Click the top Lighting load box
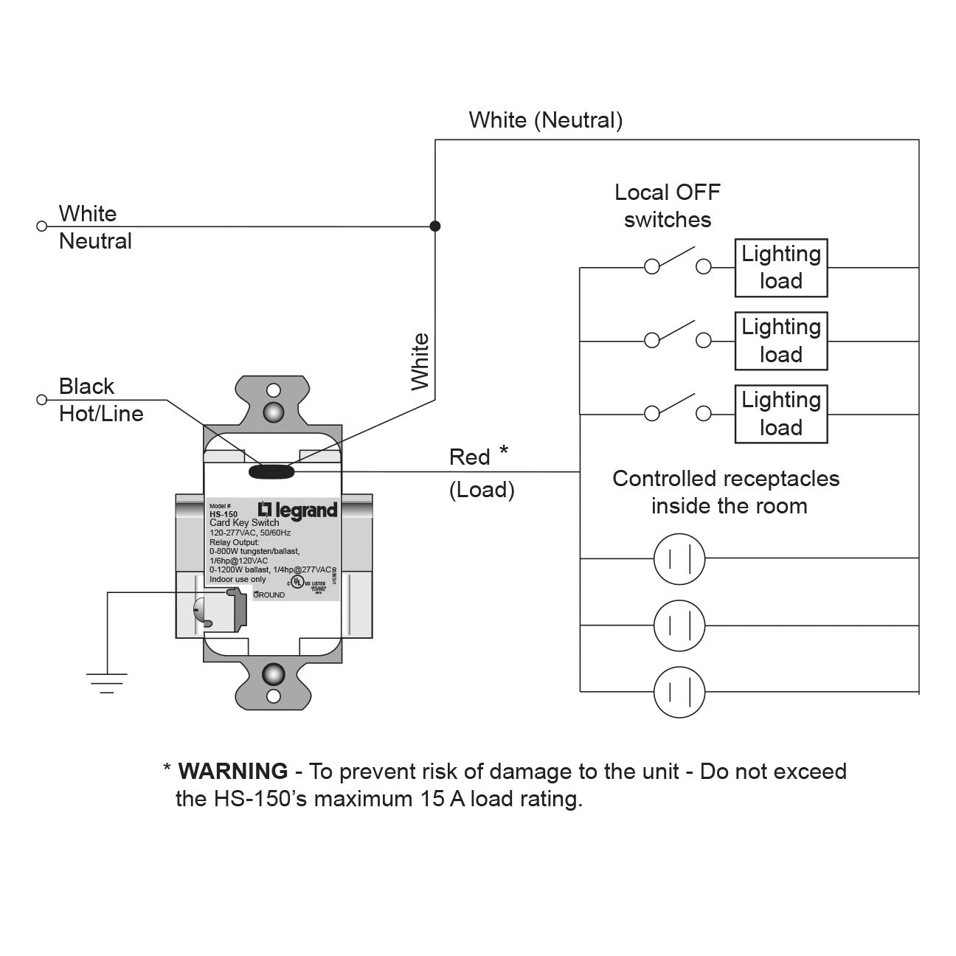coord(780,267)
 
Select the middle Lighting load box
coord(780,340)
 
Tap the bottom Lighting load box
coord(780,413)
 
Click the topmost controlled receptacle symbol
coord(679,558)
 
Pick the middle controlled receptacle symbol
coord(679,626)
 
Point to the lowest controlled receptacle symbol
coord(679,691)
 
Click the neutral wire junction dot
coord(435,226)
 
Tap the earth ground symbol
coord(107,682)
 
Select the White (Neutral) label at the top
coord(545,120)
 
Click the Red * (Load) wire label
coord(480,473)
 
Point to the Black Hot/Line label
coord(100,400)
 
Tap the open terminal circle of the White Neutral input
coord(41,226)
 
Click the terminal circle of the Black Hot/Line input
coord(41,400)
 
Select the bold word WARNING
coord(233,771)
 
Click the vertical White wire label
coord(420,361)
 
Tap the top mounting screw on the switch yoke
coord(274,410)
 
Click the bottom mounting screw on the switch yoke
coord(274,673)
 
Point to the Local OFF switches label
coord(667,206)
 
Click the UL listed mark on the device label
coord(297,582)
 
